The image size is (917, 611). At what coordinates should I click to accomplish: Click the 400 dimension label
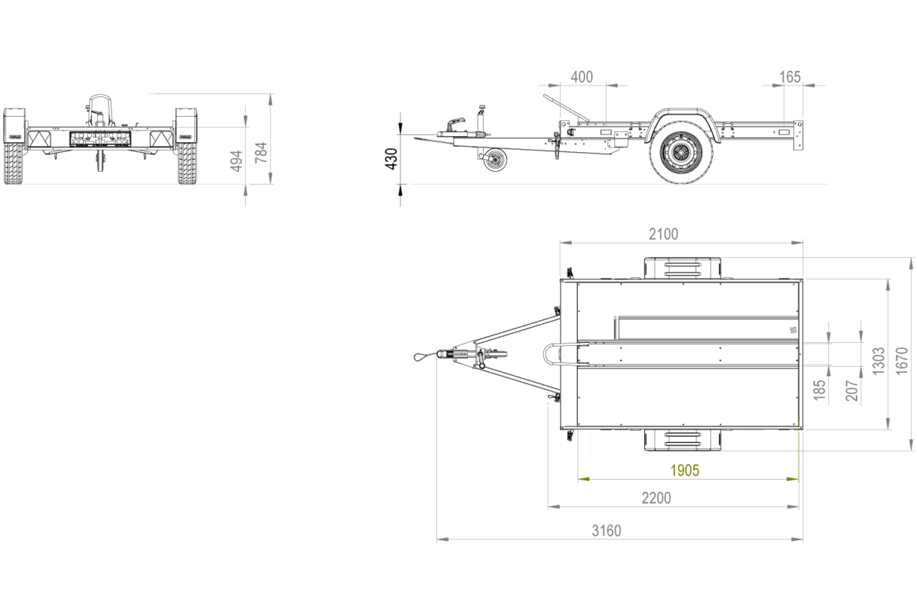(582, 77)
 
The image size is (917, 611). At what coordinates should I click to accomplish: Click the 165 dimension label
(789, 77)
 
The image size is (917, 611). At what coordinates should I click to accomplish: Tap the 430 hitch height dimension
(392, 159)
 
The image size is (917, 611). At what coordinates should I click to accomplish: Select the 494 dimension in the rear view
(237, 161)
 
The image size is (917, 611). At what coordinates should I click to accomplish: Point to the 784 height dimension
(261, 152)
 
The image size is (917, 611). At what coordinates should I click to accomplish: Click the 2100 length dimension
(663, 234)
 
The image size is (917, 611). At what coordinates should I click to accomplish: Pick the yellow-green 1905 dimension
(685, 470)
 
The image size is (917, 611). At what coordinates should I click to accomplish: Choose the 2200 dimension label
(656, 498)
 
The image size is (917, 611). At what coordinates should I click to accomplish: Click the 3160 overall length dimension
(607, 531)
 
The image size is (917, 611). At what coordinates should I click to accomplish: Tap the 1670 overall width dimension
(902, 361)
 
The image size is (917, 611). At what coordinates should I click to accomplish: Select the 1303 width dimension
(879, 361)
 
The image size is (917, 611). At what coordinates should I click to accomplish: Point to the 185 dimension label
(819, 390)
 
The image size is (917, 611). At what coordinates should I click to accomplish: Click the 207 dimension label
(852, 390)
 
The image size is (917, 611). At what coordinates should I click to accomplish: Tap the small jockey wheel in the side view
(495, 159)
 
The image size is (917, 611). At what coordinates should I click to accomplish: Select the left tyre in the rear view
(15, 163)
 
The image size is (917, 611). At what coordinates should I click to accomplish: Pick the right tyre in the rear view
(186, 163)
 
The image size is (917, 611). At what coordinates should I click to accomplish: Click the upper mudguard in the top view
(682, 268)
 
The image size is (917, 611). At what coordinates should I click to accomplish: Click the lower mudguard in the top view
(682, 440)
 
